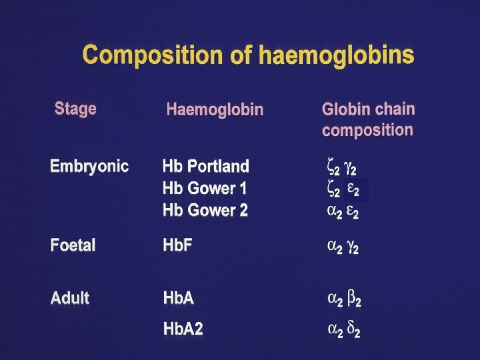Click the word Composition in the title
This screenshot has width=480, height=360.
click(153, 55)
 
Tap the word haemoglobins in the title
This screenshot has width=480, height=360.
click(337, 55)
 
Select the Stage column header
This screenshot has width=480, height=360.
click(75, 109)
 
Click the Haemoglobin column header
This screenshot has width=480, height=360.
click(215, 109)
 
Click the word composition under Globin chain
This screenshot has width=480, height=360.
click(367, 130)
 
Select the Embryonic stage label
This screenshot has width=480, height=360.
click(89, 166)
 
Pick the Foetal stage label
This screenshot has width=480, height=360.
click(73, 245)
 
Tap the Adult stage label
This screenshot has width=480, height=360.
click(70, 297)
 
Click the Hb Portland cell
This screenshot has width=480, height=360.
click(206, 166)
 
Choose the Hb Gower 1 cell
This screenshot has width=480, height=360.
click(205, 188)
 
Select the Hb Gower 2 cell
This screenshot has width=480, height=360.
click(205, 210)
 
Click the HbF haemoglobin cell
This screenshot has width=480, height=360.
click(177, 245)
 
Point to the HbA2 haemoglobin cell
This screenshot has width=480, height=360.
click(183, 329)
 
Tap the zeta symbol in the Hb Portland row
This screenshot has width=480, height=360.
click(330, 167)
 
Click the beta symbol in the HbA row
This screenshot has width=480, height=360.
click(351, 299)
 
